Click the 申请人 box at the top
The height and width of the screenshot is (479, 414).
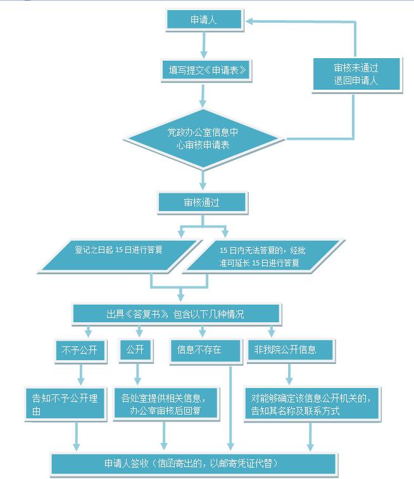[x=203, y=20]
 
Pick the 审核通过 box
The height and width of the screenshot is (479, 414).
[x=202, y=202]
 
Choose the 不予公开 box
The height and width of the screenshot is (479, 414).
[x=78, y=349]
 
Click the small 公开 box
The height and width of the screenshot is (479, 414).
[x=135, y=349]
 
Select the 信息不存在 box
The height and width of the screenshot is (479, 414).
[x=204, y=349]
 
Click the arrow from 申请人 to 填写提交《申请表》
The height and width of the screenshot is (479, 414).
[x=203, y=43]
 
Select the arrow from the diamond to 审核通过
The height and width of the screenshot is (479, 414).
[x=203, y=179]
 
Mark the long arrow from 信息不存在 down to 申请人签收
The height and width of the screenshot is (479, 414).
[x=230, y=404]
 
